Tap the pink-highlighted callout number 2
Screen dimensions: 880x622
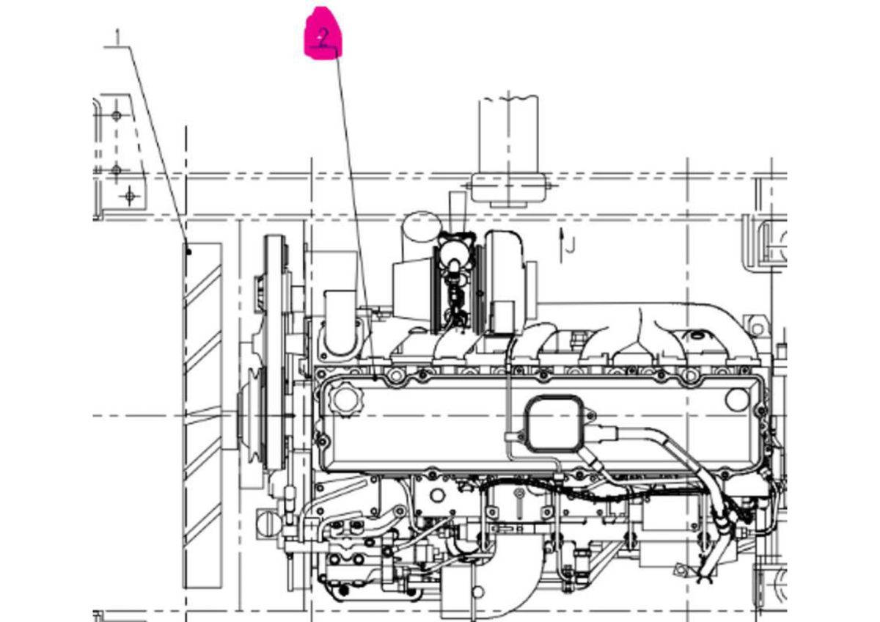pyautogui.click(x=323, y=38)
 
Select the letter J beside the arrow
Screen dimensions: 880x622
pyautogui.click(x=571, y=245)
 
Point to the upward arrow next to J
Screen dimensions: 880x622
pyautogui.click(x=562, y=245)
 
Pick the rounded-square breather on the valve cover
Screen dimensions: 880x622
pyautogui.click(x=554, y=423)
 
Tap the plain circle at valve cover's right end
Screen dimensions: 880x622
pyautogui.click(x=738, y=399)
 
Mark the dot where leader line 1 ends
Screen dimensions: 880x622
pyautogui.click(x=188, y=252)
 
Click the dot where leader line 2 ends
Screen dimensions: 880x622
pyautogui.click(x=375, y=378)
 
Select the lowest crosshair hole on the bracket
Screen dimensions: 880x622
pyautogui.click(x=130, y=196)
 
